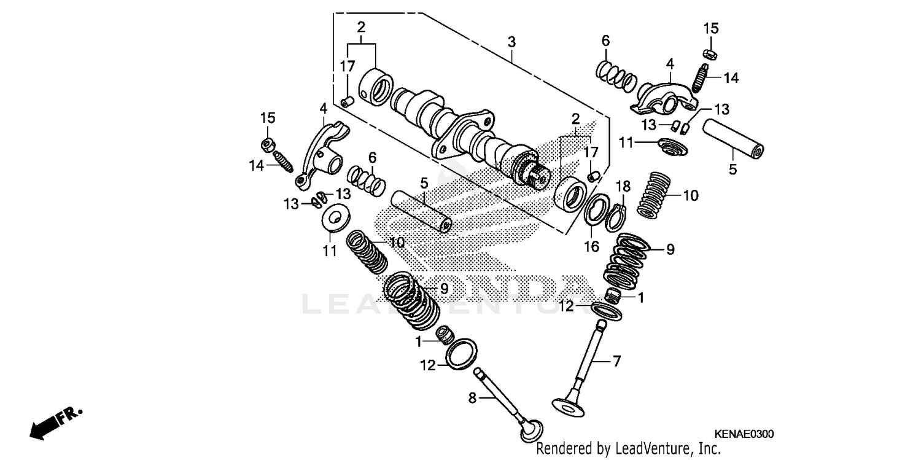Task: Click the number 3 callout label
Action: [x=511, y=42]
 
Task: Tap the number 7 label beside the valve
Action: [x=617, y=362]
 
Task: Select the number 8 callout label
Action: [x=472, y=398]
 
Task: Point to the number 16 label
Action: [x=591, y=247]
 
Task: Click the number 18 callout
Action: [x=623, y=185]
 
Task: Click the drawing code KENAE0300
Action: [x=744, y=434]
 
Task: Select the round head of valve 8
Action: [x=532, y=429]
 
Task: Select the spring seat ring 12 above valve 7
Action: [x=608, y=310]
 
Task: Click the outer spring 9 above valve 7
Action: [x=625, y=258]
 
